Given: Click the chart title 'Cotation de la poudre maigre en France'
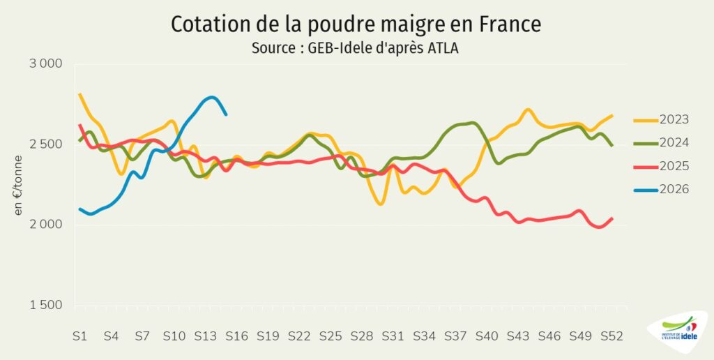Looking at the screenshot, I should (x=356, y=24).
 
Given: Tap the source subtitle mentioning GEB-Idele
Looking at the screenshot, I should (x=356, y=50).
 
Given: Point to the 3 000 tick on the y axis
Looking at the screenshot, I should (x=45, y=64).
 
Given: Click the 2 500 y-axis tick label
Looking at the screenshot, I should (x=45, y=144).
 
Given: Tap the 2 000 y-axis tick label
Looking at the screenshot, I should (x=45, y=225).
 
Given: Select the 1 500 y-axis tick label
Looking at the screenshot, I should (x=45, y=306).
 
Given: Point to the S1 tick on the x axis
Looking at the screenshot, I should (x=79, y=336).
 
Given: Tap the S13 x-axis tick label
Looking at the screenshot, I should (x=205, y=336).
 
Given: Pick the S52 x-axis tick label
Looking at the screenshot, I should (x=612, y=336).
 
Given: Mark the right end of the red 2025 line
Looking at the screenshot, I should (x=612, y=218).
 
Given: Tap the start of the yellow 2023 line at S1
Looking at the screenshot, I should (x=79, y=93).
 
